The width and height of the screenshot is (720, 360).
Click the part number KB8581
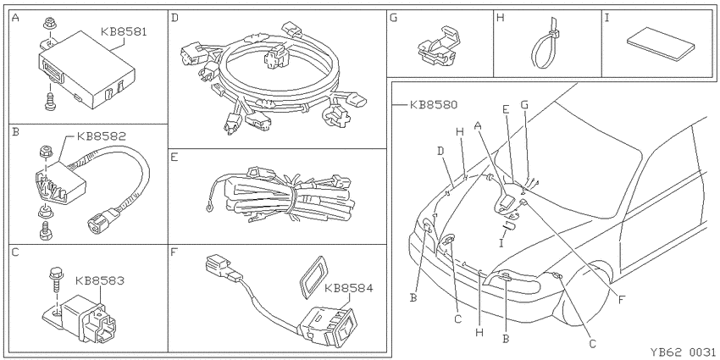click(x=124, y=32)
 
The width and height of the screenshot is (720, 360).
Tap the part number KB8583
click(x=99, y=280)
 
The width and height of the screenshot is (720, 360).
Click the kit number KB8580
click(x=434, y=105)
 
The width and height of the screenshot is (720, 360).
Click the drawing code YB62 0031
click(x=683, y=352)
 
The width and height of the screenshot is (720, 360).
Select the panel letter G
click(x=392, y=19)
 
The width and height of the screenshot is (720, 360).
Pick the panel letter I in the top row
click(x=607, y=19)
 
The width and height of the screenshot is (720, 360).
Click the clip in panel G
click(x=439, y=47)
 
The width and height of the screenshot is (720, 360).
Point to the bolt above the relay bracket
click(x=55, y=280)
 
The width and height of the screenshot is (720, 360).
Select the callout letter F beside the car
click(x=621, y=301)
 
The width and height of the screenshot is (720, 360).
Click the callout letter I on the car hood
click(x=501, y=241)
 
